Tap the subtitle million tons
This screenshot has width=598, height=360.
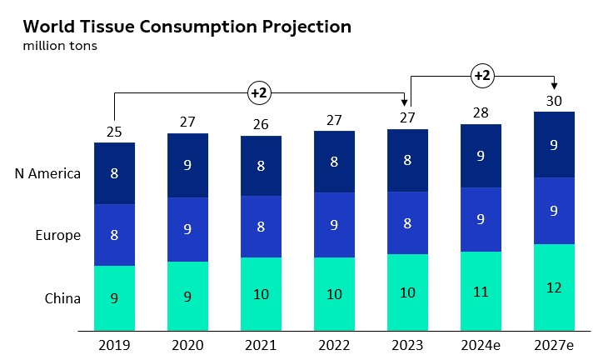61,46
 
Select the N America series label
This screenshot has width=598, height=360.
47,173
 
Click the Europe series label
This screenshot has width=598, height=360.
58,235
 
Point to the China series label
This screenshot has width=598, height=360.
63,297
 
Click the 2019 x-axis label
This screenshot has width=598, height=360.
114,343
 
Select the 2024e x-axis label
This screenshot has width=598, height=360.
481,343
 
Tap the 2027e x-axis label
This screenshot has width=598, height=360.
554,343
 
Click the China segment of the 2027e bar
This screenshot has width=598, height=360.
554,287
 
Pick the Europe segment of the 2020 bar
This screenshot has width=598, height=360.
187,229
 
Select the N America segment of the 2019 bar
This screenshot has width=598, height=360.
114,173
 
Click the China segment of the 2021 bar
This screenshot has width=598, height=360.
261,293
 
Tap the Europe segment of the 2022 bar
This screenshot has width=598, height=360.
334,225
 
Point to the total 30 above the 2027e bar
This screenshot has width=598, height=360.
554,101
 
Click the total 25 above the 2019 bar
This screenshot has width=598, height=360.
114,132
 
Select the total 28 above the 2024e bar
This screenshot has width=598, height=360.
481,112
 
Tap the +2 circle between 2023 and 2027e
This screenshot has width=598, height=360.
481,76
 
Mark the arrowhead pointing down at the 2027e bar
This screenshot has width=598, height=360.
554,87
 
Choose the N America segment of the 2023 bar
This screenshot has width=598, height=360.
407,162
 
